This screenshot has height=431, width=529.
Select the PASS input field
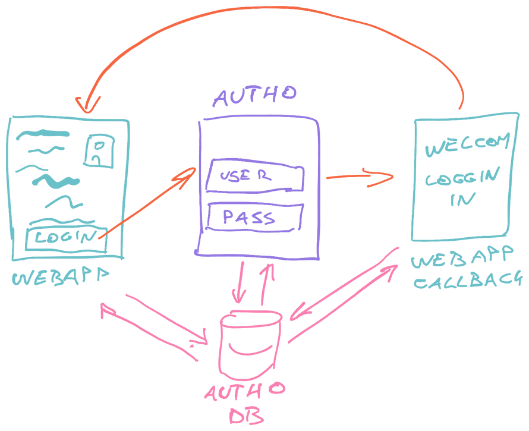254,217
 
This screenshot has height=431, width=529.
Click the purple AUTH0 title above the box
254,96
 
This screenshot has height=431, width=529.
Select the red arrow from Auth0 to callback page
359,177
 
